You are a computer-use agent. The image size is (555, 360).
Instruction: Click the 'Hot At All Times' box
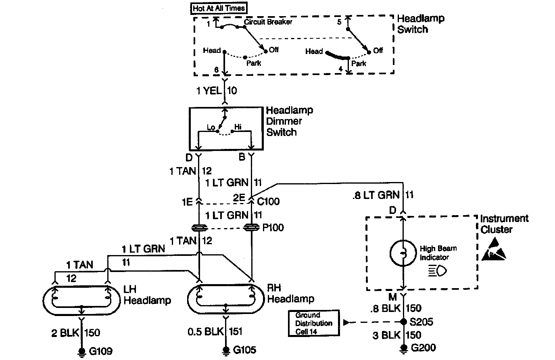pyautogui.click(x=219, y=8)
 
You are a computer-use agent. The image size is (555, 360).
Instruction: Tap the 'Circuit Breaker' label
pyautogui.click(x=268, y=21)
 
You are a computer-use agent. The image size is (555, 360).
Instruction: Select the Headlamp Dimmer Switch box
pyautogui.click(x=225, y=129)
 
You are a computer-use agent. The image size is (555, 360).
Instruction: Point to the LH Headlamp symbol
pyautogui.click(x=81, y=301)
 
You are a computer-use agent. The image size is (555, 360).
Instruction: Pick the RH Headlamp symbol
pyautogui.click(x=226, y=299)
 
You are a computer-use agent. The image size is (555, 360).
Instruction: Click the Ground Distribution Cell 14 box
pyautogui.click(x=314, y=323)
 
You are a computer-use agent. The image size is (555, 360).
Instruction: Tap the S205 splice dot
pyautogui.click(x=403, y=322)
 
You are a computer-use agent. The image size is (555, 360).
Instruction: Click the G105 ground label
pyautogui.click(x=244, y=350)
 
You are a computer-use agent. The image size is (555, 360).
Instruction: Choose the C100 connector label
pyautogui.click(x=268, y=201)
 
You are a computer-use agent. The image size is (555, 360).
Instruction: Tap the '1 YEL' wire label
pyautogui.click(x=209, y=90)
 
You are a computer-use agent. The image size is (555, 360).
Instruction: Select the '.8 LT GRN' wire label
pyautogui.click(x=378, y=195)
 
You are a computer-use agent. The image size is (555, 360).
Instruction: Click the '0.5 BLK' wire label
pyautogui.click(x=206, y=332)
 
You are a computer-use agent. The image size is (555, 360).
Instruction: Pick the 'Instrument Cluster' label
pyautogui.click(x=504, y=224)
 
